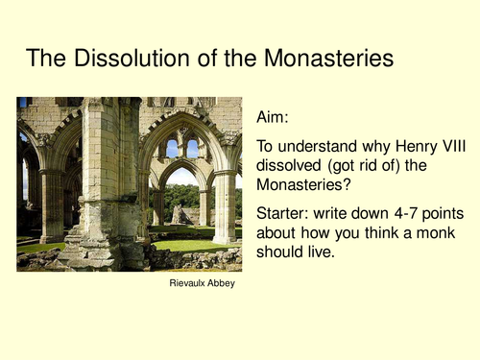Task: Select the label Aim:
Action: click(274, 117)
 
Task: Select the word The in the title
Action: click(43, 59)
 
